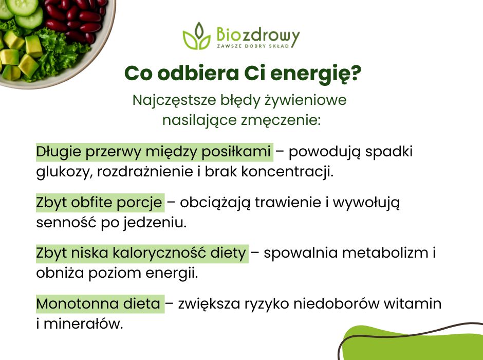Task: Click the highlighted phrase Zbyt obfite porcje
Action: coord(99,203)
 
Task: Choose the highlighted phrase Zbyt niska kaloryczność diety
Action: coord(141,253)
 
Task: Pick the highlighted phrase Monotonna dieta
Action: coord(99,304)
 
